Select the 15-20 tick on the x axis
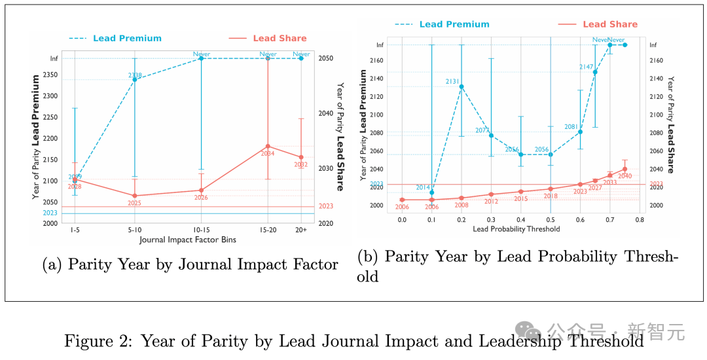[268, 231]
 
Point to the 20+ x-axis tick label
[301, 231]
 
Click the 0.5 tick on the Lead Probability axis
[551, 220]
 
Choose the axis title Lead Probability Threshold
[517, 229]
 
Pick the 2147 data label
[587, 67]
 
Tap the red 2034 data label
[268, 154]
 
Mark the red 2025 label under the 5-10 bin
[135, 203]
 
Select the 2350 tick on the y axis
[50, 75]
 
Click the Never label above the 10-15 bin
[201, 54]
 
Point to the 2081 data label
[571, 127]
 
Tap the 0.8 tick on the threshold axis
[640, 220]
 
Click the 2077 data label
[482, 130]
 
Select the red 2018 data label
[551, 196]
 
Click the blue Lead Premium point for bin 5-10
[135, 79]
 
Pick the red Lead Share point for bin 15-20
[268, 146]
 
